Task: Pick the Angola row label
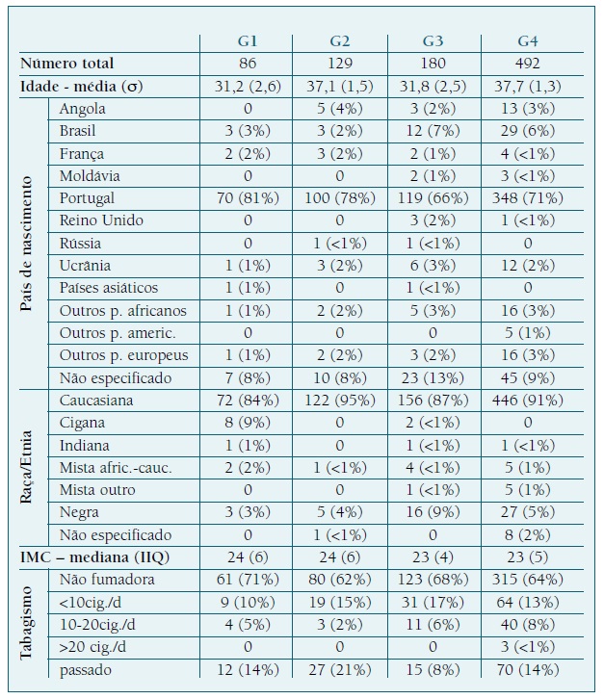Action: click(x=83, y=109)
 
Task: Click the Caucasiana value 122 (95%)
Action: click(x=339, y=401)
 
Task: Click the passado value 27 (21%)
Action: click(x=339, y=670)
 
